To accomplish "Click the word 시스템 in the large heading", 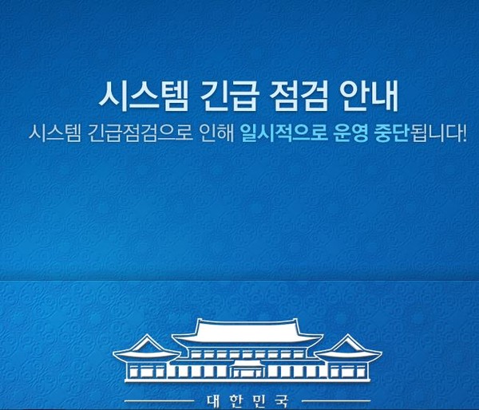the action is coord(143,95).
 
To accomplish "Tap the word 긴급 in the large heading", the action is coord(228,95).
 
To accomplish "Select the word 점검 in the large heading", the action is coord(299,95).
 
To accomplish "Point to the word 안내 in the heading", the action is coord(370,95).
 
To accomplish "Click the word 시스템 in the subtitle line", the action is coord(55,133).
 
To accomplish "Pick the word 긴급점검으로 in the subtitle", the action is coord(141,133).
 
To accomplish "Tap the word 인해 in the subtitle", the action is coord(217,133).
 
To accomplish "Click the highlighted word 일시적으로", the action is coord(284,133).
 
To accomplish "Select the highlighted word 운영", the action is coord(351,133).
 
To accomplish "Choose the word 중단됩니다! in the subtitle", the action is coord(421,133).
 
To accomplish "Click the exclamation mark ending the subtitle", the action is coord(464,133).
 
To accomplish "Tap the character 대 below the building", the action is coord(214,401).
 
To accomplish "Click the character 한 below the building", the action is coord(236,401).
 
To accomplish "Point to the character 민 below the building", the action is coord(258,401).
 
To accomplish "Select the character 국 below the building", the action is coord(281,401).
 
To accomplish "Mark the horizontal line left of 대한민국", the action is coord(160,401).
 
